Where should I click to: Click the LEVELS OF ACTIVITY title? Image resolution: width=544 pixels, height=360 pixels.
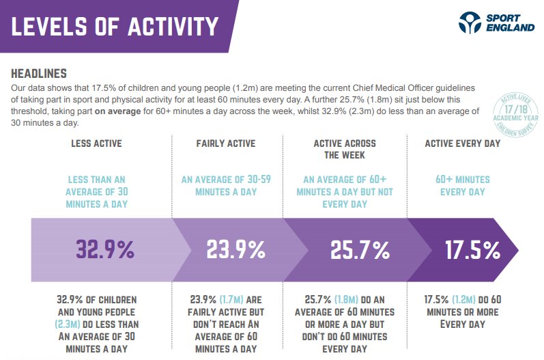(x=115, y=26)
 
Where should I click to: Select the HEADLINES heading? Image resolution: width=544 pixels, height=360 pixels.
(x=39, y=73)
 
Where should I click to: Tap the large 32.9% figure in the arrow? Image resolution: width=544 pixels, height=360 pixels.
(x=105, y=250)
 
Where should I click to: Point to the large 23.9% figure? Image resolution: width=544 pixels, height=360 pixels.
(x=235, y=250)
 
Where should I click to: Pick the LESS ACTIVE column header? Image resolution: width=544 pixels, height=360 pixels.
(x=96, y=143)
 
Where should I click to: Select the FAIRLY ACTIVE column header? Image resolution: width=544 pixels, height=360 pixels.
(x=226, y=143)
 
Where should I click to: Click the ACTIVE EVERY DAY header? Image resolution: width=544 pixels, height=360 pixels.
(x=462, y=143)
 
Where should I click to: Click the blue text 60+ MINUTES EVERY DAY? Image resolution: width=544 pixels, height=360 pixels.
(x=463, y=186)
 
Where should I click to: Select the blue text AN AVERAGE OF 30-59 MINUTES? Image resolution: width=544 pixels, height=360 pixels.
(x=226, y=186)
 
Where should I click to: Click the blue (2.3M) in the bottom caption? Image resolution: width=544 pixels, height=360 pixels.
(x=68, y=311)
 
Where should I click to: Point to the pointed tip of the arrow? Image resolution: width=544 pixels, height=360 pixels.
(x=516, y=250)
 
